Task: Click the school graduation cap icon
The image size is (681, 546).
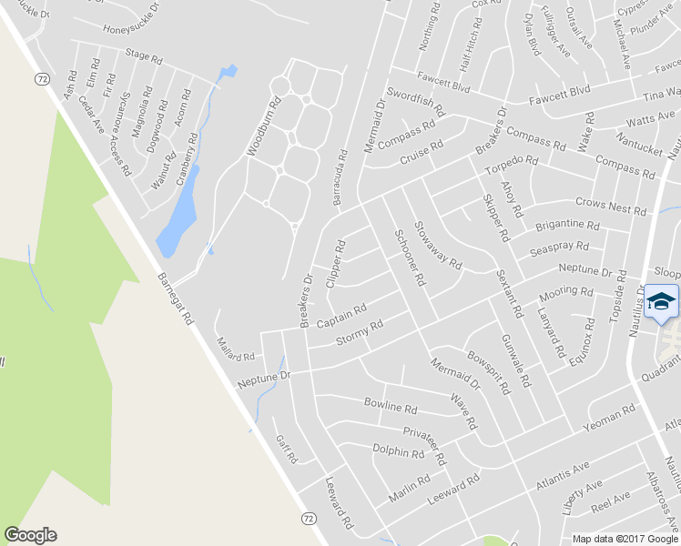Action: [662, 301]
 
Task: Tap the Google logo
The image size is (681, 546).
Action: [30, 535]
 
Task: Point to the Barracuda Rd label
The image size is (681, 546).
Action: [341, 177]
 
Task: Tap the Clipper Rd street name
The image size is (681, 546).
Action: [336, 264]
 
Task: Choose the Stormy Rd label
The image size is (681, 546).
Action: [360, 332]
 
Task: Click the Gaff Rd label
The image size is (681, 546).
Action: [286, 449]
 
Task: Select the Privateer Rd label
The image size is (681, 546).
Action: [423, 441]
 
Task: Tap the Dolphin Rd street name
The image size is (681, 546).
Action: [399, 450]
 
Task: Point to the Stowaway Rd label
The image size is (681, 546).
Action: [437, 245]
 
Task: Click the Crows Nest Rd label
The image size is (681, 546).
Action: [610, 206]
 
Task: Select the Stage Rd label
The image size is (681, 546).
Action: [144, 56]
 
